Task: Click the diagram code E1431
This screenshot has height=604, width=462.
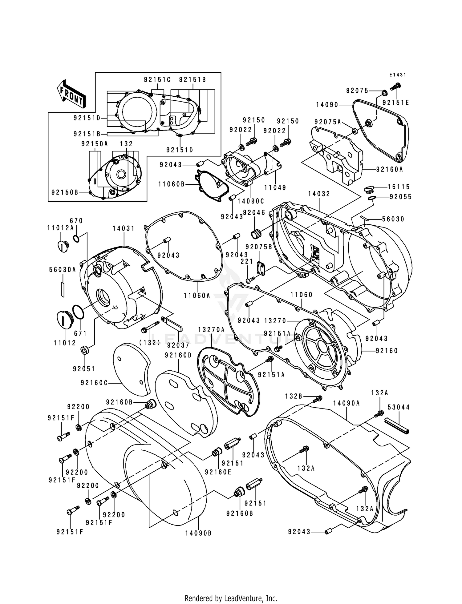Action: [x=398, y=75]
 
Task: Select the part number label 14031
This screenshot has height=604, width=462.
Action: [x=124, y=228]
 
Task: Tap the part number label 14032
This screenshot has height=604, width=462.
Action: [x=319, y=194]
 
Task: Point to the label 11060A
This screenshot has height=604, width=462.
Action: [x=197, y=296]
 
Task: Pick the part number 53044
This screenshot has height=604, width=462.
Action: [x=399, y=407]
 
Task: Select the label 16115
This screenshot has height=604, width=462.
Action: [x=399, y=187]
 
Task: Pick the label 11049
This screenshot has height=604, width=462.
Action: [x=275, y=187]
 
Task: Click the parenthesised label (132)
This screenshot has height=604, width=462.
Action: [x=150, y=342]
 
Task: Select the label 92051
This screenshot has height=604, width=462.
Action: [x=84, y=369]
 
